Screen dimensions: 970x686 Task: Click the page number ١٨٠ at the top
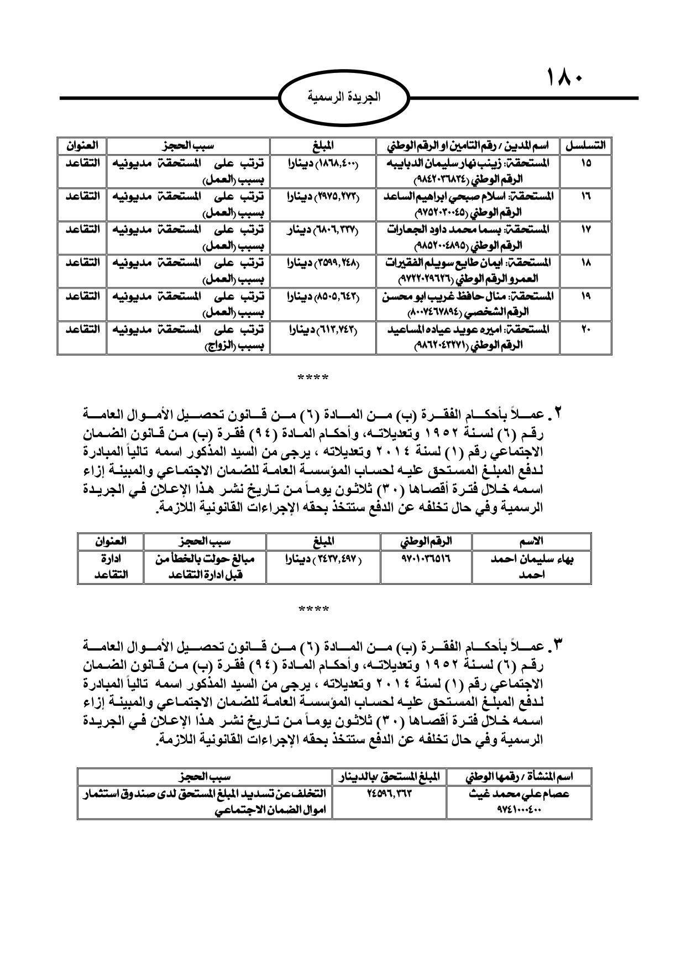(x=565, y=77)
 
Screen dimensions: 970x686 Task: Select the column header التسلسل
(x=585, y=146)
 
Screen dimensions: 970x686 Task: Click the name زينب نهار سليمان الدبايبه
(x=474, y=163)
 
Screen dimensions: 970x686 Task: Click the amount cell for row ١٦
(x=323, y=196)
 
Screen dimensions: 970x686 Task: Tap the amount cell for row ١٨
(x=323, y=263)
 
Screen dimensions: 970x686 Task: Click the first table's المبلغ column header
(x=323, y=146)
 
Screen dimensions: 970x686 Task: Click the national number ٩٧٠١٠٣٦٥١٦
(x=425, y=559)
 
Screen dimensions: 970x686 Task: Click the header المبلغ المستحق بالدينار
(x=390, y=777)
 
